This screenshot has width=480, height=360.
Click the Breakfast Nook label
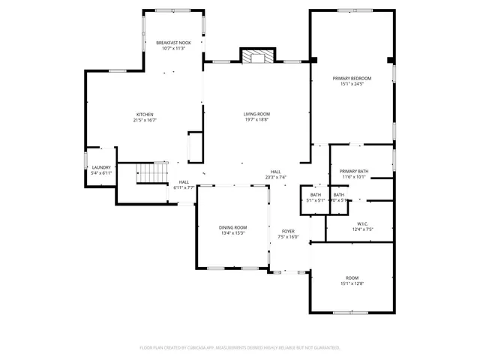173,43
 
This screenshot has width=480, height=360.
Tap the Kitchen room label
145,114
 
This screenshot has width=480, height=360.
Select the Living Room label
256,114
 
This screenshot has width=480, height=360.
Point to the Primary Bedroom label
352,78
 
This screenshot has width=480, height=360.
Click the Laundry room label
101,167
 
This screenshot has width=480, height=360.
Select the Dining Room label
233,227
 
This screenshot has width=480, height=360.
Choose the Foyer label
288,231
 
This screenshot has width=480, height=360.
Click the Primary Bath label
353,172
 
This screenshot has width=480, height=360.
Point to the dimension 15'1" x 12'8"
352,284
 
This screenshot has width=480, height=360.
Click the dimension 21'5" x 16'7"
145,120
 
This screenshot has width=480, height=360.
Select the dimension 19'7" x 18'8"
256,120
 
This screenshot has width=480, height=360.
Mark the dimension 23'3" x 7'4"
276,178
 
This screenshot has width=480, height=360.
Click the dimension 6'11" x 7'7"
184,187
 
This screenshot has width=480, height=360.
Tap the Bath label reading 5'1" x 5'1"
315,200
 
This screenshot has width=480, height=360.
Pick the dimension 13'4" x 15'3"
233,233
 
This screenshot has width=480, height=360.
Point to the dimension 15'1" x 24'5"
352,84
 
